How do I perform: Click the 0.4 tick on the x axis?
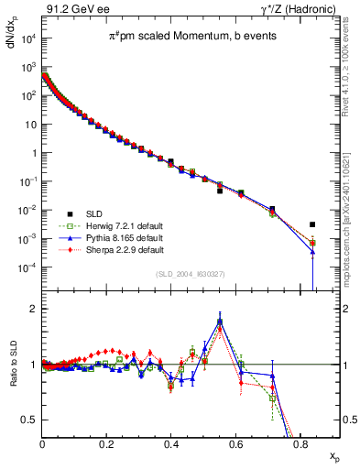[x=171, y=445]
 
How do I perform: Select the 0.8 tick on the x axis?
[x=300, y=445]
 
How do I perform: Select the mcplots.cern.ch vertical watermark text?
[x=349, y=229]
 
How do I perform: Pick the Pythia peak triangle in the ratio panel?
[x=220, y=321]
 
